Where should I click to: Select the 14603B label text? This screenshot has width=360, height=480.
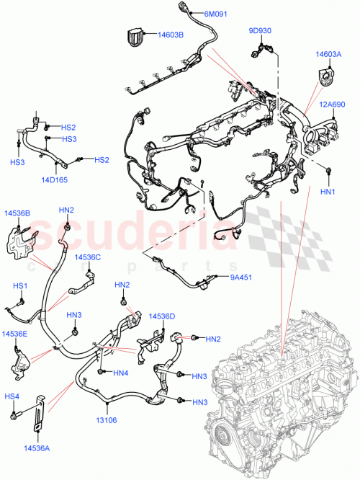pos(171,35)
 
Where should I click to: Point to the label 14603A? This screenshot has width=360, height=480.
pos(328,53)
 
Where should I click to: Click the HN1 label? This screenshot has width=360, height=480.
pos(328,191)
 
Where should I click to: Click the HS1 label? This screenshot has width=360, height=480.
pos(20,285)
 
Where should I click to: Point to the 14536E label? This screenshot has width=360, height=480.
pos(14,334)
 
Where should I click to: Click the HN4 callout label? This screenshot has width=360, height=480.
pos(120,373)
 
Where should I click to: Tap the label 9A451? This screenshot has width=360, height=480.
pos(240,276)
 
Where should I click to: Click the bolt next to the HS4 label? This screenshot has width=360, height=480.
pos(14,416)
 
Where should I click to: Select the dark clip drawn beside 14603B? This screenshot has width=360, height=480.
pos(135,37)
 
